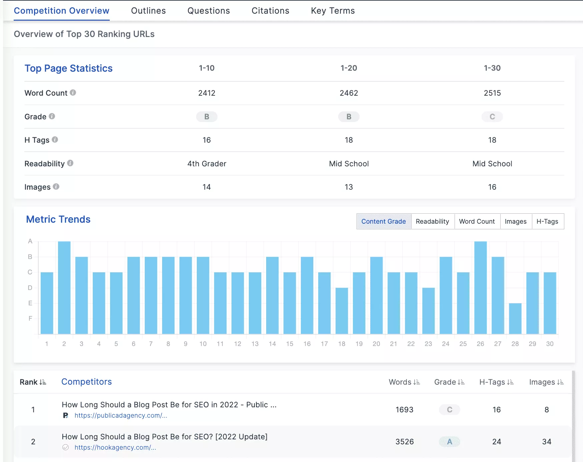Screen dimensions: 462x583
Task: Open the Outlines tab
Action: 148,11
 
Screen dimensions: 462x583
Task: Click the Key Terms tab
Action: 333,11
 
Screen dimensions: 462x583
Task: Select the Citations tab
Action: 270,11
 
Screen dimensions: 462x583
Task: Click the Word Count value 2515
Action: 492,93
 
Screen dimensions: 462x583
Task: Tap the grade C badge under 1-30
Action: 492,117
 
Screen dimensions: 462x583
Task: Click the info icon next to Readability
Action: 70,163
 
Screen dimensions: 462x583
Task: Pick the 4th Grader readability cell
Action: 206,164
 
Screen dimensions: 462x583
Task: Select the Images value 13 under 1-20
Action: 349,187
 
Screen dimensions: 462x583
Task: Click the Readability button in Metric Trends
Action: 432,221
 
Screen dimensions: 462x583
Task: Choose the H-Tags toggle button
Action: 547,221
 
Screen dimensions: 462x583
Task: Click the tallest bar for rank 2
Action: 64,287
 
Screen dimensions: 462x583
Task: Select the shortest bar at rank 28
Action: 515,318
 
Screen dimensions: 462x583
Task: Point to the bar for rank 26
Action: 480,287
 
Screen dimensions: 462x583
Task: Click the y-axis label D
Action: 30,288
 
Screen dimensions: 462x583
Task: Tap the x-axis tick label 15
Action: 289,344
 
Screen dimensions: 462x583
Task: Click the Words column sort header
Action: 404,382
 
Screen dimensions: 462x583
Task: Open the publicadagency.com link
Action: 121,415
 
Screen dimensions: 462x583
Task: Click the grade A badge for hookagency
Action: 449,442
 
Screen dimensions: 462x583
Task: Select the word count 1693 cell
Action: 404,410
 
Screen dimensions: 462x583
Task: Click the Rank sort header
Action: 33,382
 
